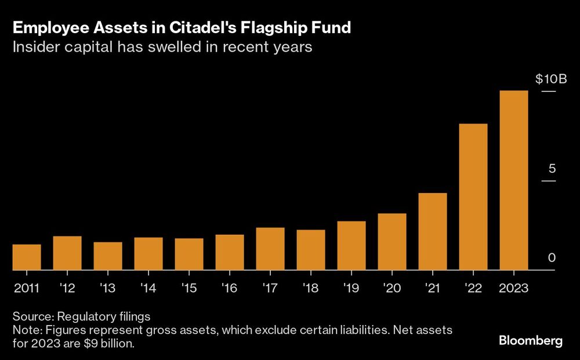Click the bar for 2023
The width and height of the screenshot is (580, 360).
pyautogui.click(x=513, y=180)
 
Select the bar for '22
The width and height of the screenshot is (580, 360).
pyautogui.click(x=473, y=197)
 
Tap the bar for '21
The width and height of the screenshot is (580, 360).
pyautogui.click(x=433, y=232)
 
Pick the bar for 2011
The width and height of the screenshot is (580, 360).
pyautogui.click(x=27, y=257)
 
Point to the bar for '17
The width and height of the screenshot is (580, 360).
pyautogui.click(x=270, y=249)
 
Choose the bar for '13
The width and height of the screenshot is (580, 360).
pyautogui.click(x=108, y=256)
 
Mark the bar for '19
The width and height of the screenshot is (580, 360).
pyautogui.click(x=351, y=246)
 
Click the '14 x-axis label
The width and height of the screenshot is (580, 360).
pyautogui.click(x=148, y=288)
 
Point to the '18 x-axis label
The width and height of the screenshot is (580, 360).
pyautogui.click(x=310, y=288)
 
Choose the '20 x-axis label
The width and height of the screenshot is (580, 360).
pyautogui.click(x=391, y=288)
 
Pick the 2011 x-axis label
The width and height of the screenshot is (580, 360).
pyautogui.click(x=27, y=288)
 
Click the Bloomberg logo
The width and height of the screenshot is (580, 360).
pyautogui.click(x=531, y=340)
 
